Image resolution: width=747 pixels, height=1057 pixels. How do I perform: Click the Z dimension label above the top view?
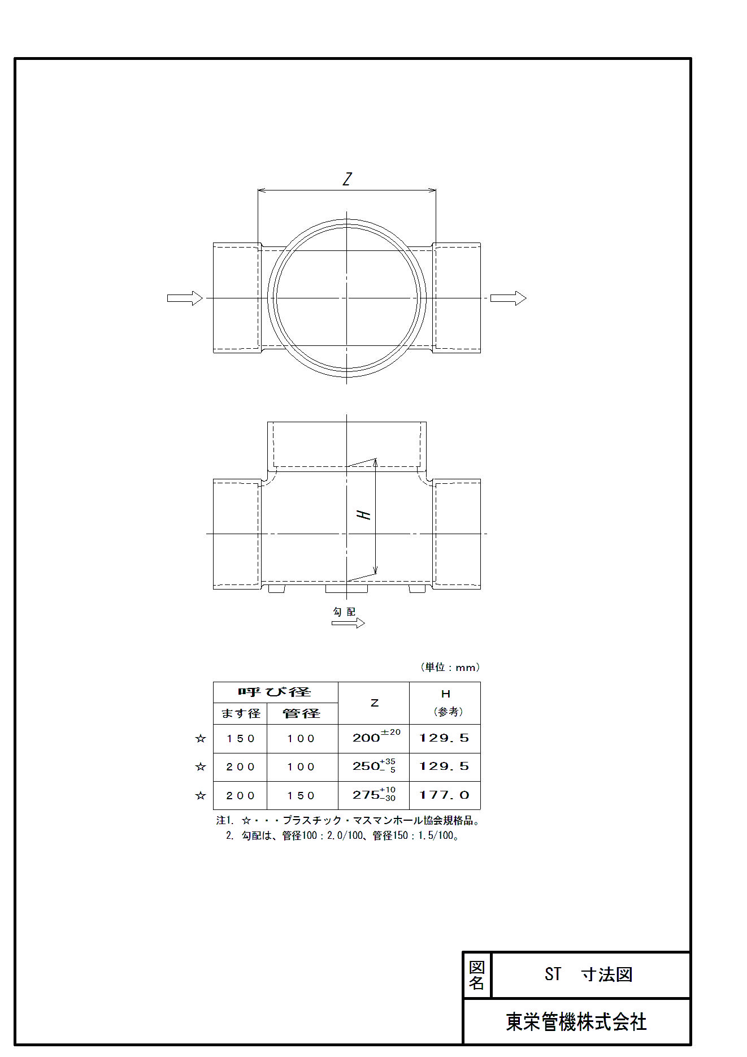click(x=347, y=179)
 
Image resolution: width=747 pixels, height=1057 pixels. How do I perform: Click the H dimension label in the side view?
click(x=363, y=514)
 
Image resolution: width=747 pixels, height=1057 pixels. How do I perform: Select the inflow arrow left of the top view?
click(x=185, y=298)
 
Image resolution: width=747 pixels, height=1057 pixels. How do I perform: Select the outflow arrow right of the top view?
click(x=508, y=298)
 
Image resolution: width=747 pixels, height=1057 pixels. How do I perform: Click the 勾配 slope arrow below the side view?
click(x=348, y=623)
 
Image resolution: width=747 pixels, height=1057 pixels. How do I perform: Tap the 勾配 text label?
click(x=344, y=612)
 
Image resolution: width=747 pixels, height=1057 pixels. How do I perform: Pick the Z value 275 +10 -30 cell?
click(x=374, y=795)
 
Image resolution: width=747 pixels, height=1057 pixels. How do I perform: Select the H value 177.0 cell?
click(x=445, y=795)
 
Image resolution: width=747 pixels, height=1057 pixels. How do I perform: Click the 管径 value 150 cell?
click(x=301, y=795)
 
